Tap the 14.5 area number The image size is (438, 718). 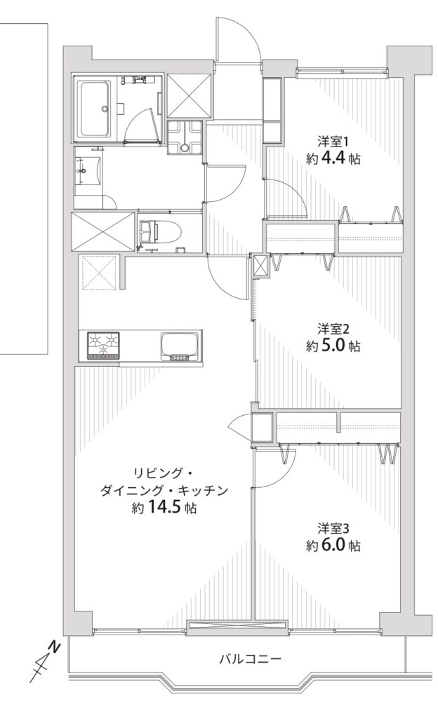pos(164,508)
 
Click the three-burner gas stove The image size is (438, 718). pos(103,346)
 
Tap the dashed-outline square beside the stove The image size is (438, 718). pos(100,273)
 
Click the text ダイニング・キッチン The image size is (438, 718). pos(164,491)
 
